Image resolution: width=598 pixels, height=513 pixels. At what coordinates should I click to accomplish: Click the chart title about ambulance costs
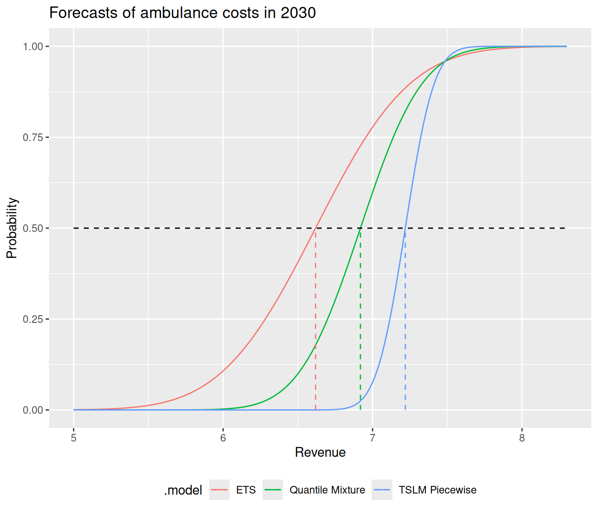(x=182, y=13)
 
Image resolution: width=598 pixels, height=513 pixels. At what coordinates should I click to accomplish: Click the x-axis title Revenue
(x=320, y=452)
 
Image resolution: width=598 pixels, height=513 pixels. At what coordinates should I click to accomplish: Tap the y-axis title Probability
(x=12, y=228)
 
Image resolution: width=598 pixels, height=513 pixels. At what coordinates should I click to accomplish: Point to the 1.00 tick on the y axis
(x=32, y=46)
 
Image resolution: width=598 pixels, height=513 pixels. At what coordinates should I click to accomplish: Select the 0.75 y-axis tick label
(x=32, y=137)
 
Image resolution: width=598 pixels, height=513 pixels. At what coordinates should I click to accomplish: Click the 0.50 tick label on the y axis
(x=32, y=228)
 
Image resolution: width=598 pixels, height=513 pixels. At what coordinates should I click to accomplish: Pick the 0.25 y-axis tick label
(x=32, y=319)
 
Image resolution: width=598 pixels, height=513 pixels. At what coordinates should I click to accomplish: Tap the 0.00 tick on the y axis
(x=32, y=410)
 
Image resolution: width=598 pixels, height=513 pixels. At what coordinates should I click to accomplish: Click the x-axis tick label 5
(x=74, y=438)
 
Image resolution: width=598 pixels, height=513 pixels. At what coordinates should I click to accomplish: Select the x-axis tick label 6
(x=223, y=438)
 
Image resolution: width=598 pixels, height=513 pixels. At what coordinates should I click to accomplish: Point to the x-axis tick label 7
(x=372, y=438)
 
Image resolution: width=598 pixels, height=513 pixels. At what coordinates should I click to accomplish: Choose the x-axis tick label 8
(x=522, y=438)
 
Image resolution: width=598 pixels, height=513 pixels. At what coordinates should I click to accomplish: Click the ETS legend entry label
(x=246, y=490)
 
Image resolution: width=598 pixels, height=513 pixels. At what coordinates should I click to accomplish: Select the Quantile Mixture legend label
(x=327, y=490)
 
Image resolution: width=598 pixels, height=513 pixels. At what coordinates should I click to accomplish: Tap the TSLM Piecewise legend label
(x=437, y=490)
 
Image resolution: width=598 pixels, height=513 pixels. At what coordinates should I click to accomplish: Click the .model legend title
(x=183, y=490)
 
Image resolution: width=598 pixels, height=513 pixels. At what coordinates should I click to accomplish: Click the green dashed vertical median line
(x=360, y=312)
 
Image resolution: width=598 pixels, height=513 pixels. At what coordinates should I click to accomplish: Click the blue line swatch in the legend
(x=382, y=490)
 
